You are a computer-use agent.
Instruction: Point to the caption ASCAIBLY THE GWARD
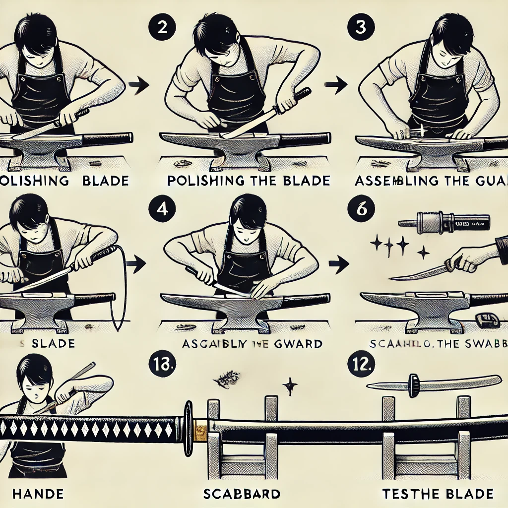tap(252, 343)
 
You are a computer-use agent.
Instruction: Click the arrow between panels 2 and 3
tap(338, 85)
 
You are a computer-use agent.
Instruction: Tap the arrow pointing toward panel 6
tap(338, 265)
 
